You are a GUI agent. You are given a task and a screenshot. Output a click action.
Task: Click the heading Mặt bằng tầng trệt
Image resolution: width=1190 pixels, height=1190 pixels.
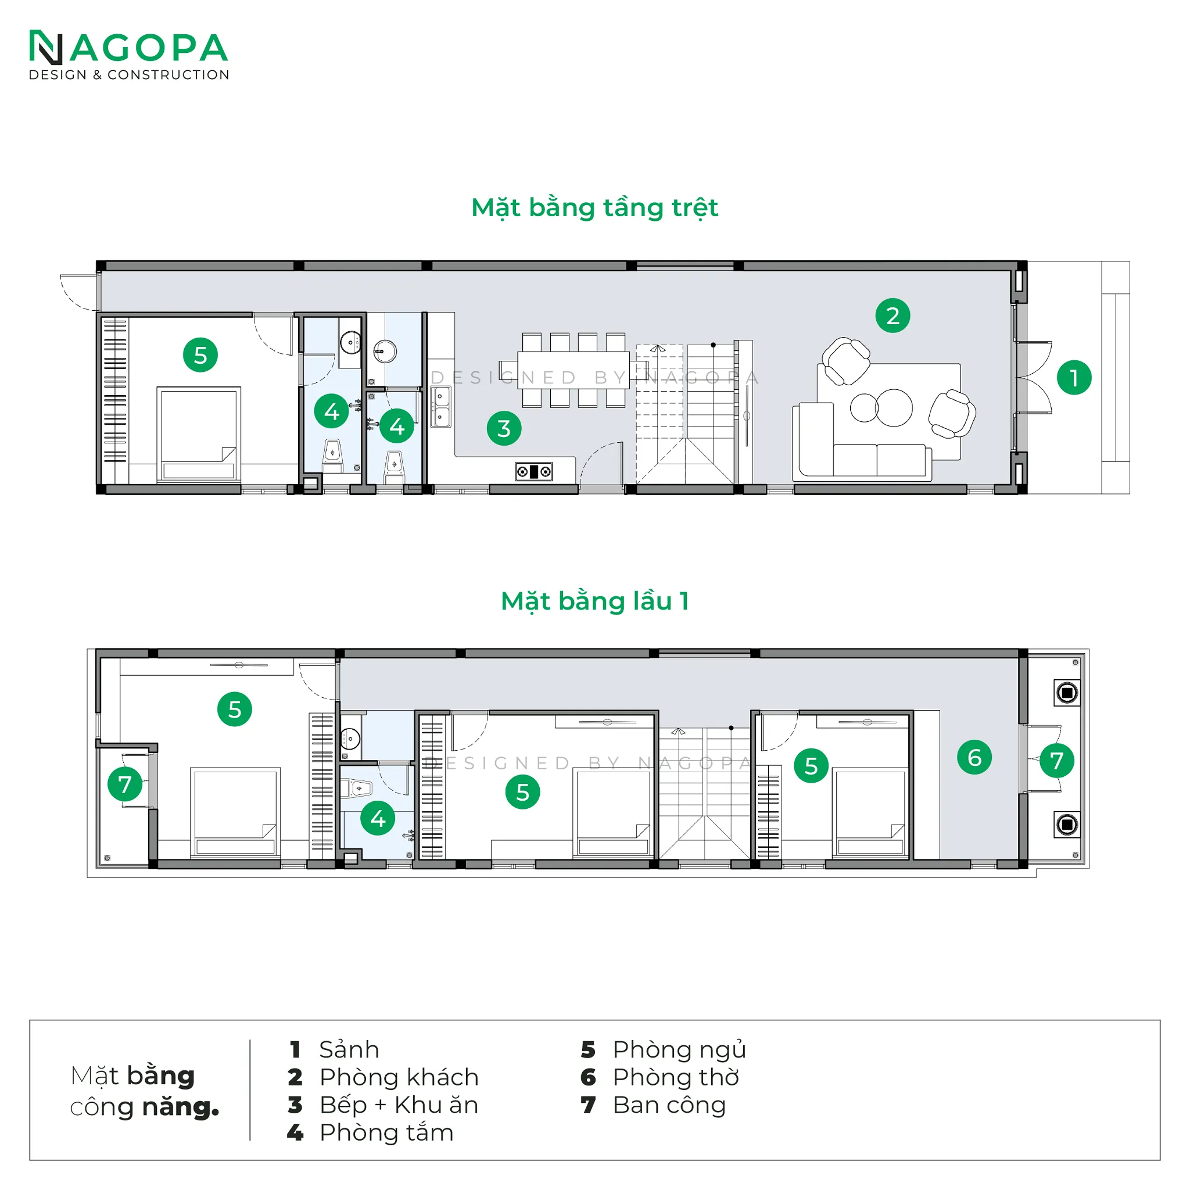594,208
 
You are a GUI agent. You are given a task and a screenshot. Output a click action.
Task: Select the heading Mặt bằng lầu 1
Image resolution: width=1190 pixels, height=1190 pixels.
594,601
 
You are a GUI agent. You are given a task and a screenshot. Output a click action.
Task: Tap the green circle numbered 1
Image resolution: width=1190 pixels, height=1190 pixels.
1074,378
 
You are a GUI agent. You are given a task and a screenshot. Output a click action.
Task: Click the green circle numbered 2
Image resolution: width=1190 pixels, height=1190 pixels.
892,316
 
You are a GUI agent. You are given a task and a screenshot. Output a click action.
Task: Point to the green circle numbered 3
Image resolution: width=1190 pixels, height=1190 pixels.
504,428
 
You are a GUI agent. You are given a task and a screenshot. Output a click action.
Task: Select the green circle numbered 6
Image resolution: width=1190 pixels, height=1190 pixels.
974,757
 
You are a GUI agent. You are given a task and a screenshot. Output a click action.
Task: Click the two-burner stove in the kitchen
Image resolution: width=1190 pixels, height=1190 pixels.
533,472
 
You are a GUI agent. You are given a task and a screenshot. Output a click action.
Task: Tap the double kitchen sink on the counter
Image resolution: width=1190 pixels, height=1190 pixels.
440,407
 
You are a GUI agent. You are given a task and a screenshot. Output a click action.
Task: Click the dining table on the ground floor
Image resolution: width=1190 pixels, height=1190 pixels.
574,370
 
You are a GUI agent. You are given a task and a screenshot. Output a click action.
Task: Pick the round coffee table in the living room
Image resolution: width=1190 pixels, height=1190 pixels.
881,407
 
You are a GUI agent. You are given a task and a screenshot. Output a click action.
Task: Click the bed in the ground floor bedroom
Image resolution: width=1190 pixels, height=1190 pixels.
198,433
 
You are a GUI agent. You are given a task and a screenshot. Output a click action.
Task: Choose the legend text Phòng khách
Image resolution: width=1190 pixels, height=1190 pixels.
399,1077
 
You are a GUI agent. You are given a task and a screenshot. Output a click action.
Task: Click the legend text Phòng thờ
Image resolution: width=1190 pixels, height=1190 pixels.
676,1077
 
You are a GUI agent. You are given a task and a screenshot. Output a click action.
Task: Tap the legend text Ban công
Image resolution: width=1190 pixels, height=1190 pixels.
669,1105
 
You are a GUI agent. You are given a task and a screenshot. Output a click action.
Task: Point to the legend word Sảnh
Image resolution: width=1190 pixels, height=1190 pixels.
349,1049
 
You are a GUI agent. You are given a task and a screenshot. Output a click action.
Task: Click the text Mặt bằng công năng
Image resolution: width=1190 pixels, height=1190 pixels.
145,1091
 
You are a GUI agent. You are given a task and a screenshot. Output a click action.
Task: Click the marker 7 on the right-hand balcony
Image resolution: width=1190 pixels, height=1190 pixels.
1057,760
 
